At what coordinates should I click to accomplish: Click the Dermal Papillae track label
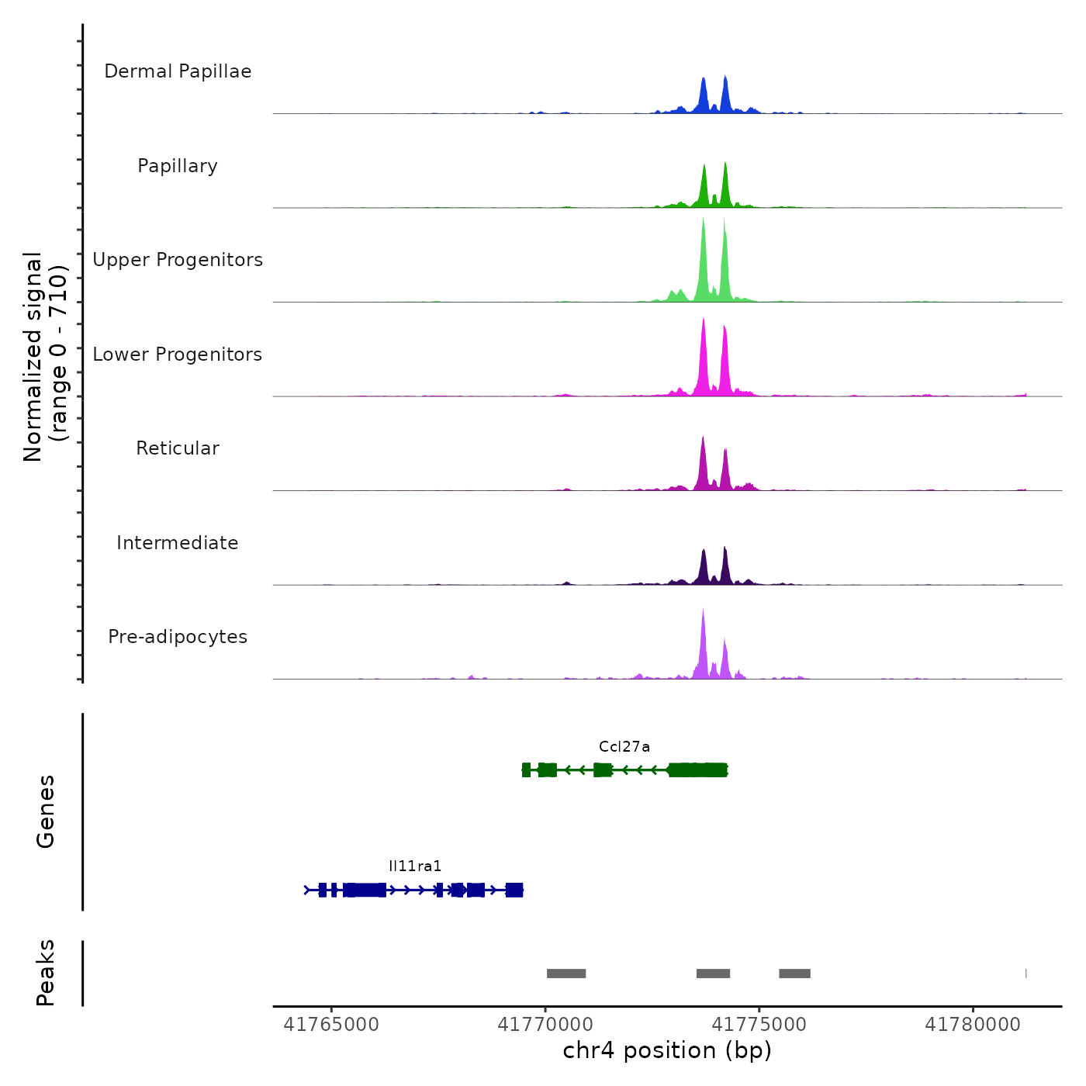[178, 71]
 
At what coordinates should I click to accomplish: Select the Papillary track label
[178, 166]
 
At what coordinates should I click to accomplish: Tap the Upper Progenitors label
[178, 260]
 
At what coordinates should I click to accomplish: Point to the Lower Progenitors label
[178, 355]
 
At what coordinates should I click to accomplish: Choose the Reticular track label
[178, 448]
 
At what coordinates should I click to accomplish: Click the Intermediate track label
[178, 543]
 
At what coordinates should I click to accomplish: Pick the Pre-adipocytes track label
[178, 637]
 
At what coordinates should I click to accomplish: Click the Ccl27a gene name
[624, 747]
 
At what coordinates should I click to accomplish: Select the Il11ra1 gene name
[415, 866]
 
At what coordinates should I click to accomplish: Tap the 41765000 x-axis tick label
[331, 1025]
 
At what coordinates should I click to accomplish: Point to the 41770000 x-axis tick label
[545, 1025]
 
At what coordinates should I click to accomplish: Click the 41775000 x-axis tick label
[759, 1025]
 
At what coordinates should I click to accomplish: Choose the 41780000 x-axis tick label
[973, 1025]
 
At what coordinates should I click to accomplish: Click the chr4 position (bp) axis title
[667, 1051]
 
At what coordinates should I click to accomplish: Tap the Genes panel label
[46, 811]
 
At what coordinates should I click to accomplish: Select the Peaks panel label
[46, 973]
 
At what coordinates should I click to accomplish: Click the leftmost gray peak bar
[566, 974]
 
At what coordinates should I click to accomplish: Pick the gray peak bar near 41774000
[713, 974]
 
